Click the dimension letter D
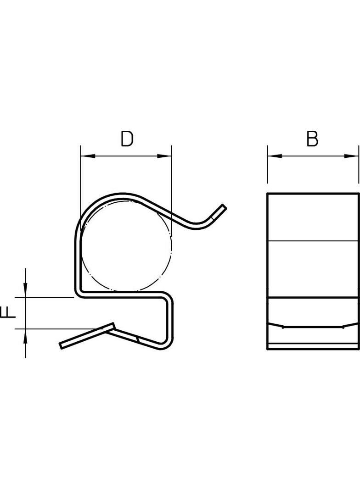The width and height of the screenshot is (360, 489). (x=127, y=139)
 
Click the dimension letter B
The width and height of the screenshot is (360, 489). (x=312, y=139)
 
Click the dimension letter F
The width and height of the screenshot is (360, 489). (x=9, y=312)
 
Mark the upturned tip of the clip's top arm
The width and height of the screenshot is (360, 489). (x=224, y=207)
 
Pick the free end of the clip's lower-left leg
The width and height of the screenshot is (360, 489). (x=62, y=345)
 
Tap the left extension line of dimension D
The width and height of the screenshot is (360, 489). (x=81, y=183)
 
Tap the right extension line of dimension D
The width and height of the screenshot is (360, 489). (x=171, y=183)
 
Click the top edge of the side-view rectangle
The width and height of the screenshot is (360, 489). (x=312, y=194)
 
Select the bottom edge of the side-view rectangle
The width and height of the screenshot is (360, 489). (x=312, y=349)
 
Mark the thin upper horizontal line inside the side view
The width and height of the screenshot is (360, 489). (x=312, y=241)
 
